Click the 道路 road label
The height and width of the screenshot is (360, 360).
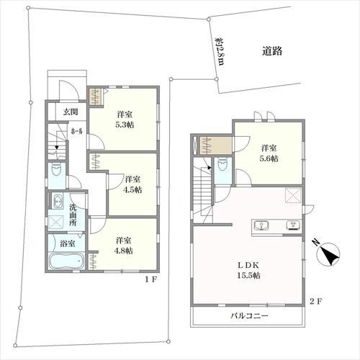272,51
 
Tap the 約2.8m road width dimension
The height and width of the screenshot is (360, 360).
219,51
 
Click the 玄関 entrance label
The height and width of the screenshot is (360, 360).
71,112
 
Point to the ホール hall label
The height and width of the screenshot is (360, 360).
77,131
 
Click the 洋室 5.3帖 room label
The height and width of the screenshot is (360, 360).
125,120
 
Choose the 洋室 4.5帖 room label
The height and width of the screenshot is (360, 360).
132,184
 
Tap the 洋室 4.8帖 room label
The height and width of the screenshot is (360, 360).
123,246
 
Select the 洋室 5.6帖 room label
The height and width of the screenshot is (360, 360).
269,153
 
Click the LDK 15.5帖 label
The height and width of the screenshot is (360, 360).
248,270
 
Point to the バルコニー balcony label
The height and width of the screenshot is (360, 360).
249,315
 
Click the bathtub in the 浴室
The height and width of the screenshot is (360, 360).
66,261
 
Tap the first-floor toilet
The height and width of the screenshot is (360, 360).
57,171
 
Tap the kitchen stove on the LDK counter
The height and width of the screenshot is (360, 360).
293,225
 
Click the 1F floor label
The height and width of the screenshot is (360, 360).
151,279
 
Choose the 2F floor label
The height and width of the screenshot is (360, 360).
316,301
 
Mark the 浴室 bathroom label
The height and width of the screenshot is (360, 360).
68,244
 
